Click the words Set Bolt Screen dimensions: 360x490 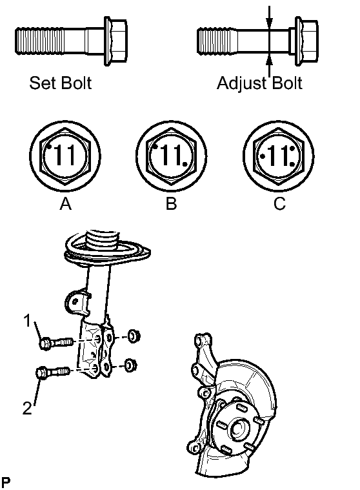[60, 83]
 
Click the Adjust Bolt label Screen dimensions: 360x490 [260, 83]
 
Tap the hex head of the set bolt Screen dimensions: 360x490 [115, 41]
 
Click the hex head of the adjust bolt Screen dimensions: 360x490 [306, 41]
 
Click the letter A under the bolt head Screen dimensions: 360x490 [65, 204]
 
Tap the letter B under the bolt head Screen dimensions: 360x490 [171, 204]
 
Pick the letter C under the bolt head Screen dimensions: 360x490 [279, 204]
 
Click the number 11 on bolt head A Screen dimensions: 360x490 [65, 155]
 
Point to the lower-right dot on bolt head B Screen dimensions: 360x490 [185, 164]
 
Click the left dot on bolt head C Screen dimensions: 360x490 [263, 156]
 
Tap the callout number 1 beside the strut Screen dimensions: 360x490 [28, 321]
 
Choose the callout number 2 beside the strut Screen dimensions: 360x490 [27, 408]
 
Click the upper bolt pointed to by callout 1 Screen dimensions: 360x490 [57, 343]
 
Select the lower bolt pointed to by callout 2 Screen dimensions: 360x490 [52, 373]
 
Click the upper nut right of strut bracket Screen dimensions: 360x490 [135, 336]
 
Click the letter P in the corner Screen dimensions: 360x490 [6, 482]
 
